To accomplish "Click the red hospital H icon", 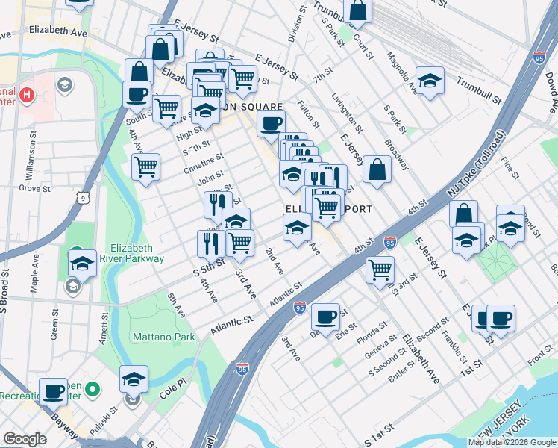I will tap(27, 95).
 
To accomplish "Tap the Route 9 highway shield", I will tap(80, 196).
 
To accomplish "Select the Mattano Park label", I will tap(163, 337).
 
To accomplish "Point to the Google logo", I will tap(25, 439).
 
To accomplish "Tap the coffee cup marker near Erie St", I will tap(326, 316).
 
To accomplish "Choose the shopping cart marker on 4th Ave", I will tap(145, 166).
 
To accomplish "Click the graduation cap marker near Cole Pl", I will tap(134, 378).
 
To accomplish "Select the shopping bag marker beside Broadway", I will tap(378, 169).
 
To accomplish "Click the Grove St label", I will tap(34, 189).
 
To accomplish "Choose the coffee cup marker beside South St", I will tap(137, 94).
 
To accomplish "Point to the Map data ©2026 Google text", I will tap(512, 442).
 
